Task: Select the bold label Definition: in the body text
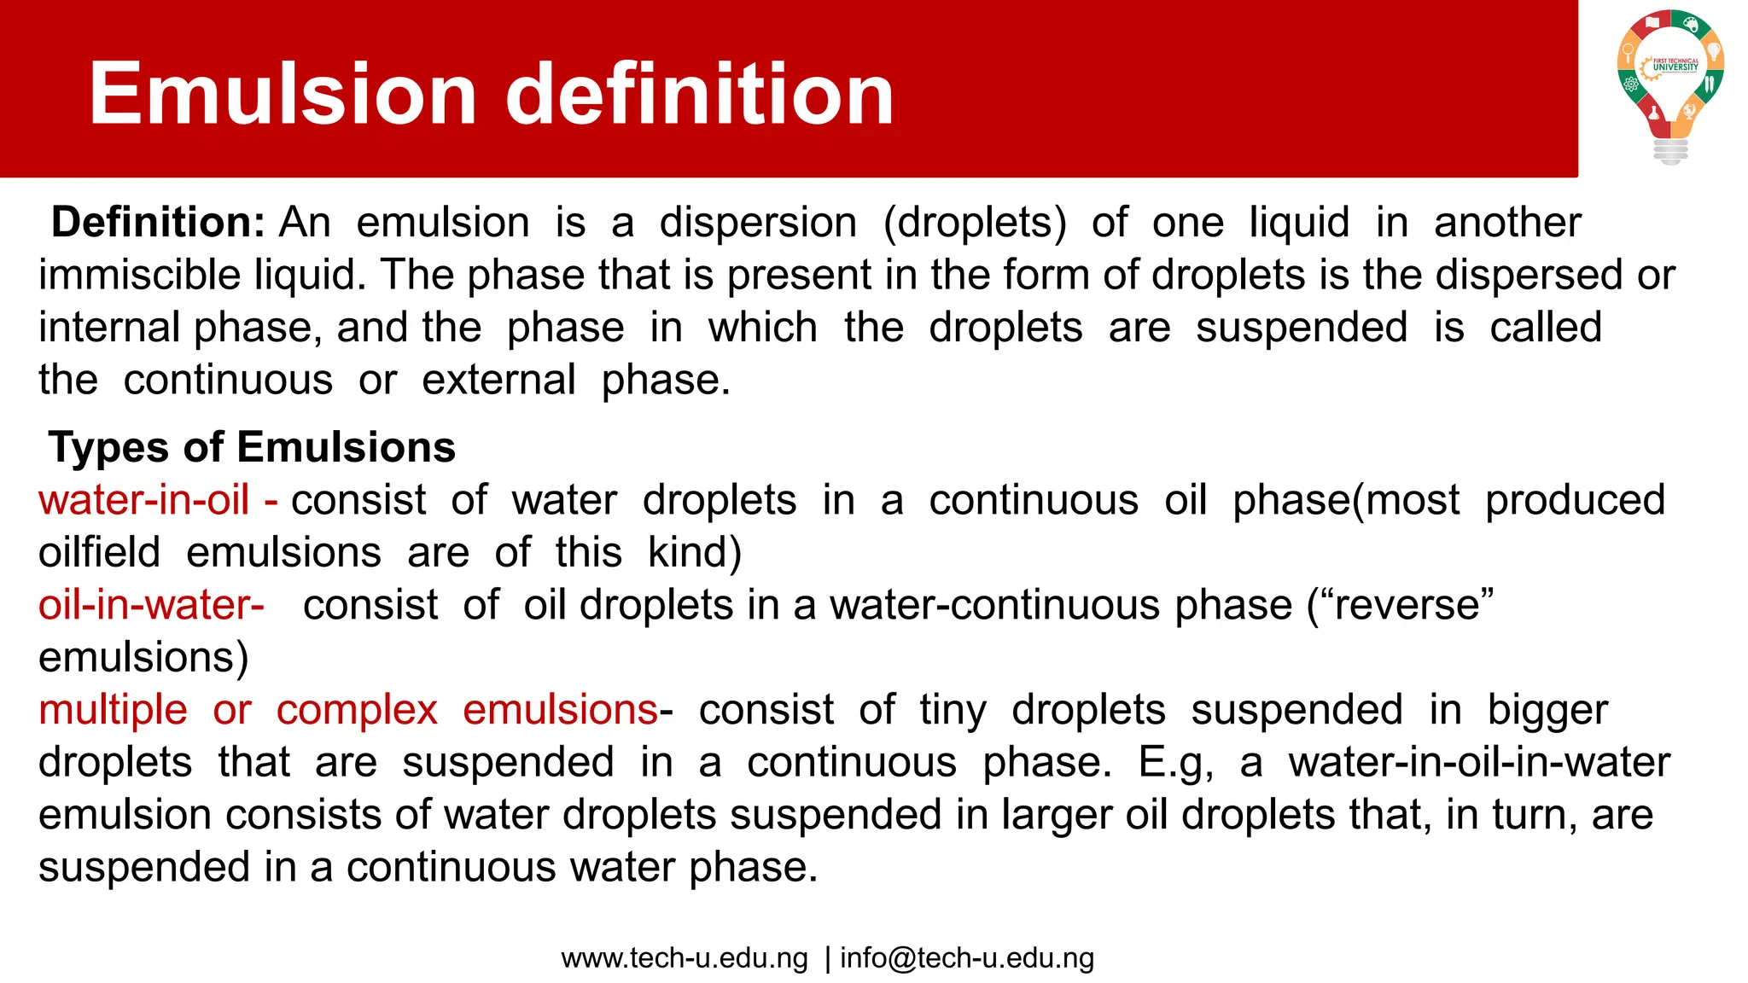[x=159, y=223]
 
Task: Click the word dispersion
[x=758, y=223]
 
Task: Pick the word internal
[x=109, y=328]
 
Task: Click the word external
[x=498, y=381]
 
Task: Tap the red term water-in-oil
[x=144, y=500]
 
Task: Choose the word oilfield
[x=100, y=553]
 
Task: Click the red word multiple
[x=113, y=710]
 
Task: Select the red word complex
[x=357, y=710]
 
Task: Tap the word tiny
[x=953, y=710]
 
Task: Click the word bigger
[x=1547, y=710]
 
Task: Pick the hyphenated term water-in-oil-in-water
[x=1479, y=763]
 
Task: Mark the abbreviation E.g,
[x=1175, y=763]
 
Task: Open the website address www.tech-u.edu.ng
[x=685, y=958]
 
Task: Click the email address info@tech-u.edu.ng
[x=967, y=958]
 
